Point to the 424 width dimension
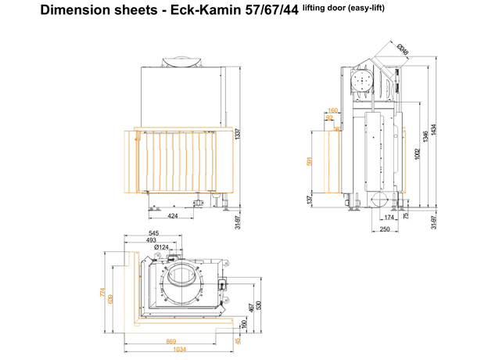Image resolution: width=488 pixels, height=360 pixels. (173, 216)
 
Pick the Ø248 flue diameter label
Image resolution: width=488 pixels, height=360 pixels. (403, 52)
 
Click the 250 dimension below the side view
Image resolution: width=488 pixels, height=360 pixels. (384, 229)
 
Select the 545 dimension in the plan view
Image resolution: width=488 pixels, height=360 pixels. (154, 233)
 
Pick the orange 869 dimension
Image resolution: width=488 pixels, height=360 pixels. (170, 342)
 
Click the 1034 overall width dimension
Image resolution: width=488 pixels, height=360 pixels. (179, 350)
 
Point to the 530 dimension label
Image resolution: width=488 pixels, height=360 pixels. (257, 304)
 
